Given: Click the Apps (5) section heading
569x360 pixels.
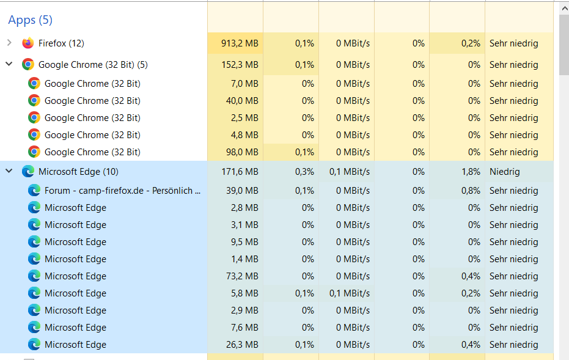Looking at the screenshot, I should (30, 20).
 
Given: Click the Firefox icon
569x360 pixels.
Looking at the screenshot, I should (28, 43).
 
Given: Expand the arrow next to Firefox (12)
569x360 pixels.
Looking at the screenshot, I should (9, 43).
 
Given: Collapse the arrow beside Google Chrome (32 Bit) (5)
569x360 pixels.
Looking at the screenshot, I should (9, 64).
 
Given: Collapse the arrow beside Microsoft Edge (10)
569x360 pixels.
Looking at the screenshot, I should (9, 171).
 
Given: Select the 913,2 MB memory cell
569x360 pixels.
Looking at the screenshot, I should (238, 43).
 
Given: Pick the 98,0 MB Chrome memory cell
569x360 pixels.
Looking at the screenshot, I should (241, 152).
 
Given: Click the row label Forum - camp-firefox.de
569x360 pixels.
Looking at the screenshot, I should (122, 191).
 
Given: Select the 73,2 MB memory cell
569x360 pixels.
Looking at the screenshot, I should (241, 276).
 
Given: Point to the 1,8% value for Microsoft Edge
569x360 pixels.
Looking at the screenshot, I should (471, 172).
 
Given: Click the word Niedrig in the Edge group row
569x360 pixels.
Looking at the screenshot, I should (505, 172).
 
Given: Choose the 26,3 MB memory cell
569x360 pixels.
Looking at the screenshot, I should (241, 345).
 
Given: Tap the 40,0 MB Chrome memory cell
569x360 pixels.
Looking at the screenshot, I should (241, 101).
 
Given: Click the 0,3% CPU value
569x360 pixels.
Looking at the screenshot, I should (304, 172).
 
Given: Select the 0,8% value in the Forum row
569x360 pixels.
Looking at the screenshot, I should (471, 191).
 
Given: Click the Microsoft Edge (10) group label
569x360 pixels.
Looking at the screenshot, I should (78, 172).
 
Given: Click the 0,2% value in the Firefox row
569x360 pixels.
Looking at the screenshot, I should (471, 43).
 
